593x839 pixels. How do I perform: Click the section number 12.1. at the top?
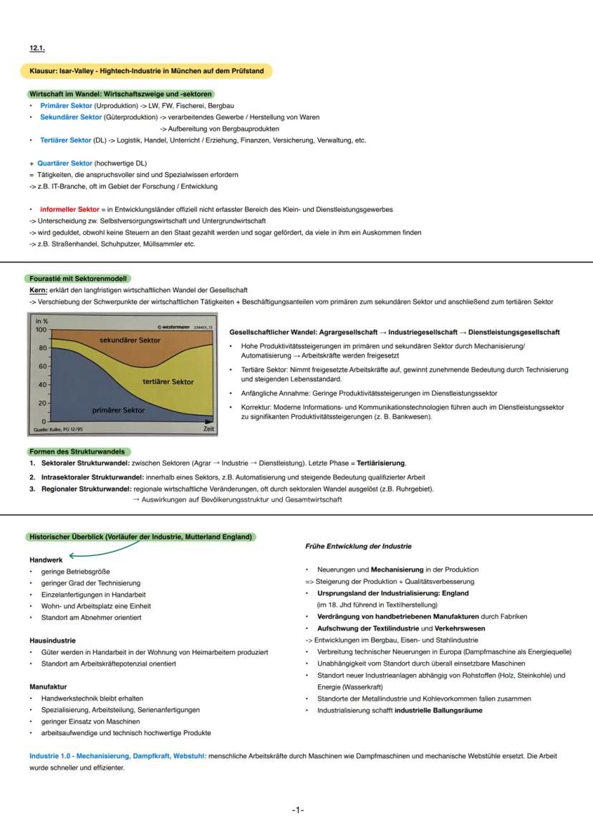[x=37, y=48]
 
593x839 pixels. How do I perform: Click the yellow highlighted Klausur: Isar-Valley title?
[x=146, y=71]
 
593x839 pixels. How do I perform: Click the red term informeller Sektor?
[x=69, y=209]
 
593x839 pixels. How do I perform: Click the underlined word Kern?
[x=39, y=290]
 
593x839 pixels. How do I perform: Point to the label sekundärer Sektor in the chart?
[x=130, y=340]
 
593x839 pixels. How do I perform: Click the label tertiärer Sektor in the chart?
[x=168, y=382]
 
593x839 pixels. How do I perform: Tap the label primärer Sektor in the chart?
[x=118, y=411]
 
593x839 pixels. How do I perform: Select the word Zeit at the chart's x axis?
[x=208, y=429]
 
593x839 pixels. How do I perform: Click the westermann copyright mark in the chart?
[x=172, y=327]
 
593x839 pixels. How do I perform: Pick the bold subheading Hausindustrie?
[x=52, y=641]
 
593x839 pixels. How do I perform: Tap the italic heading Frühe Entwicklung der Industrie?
[x=358, y=546]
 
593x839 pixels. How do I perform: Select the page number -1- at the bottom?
[x=298, y=810]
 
